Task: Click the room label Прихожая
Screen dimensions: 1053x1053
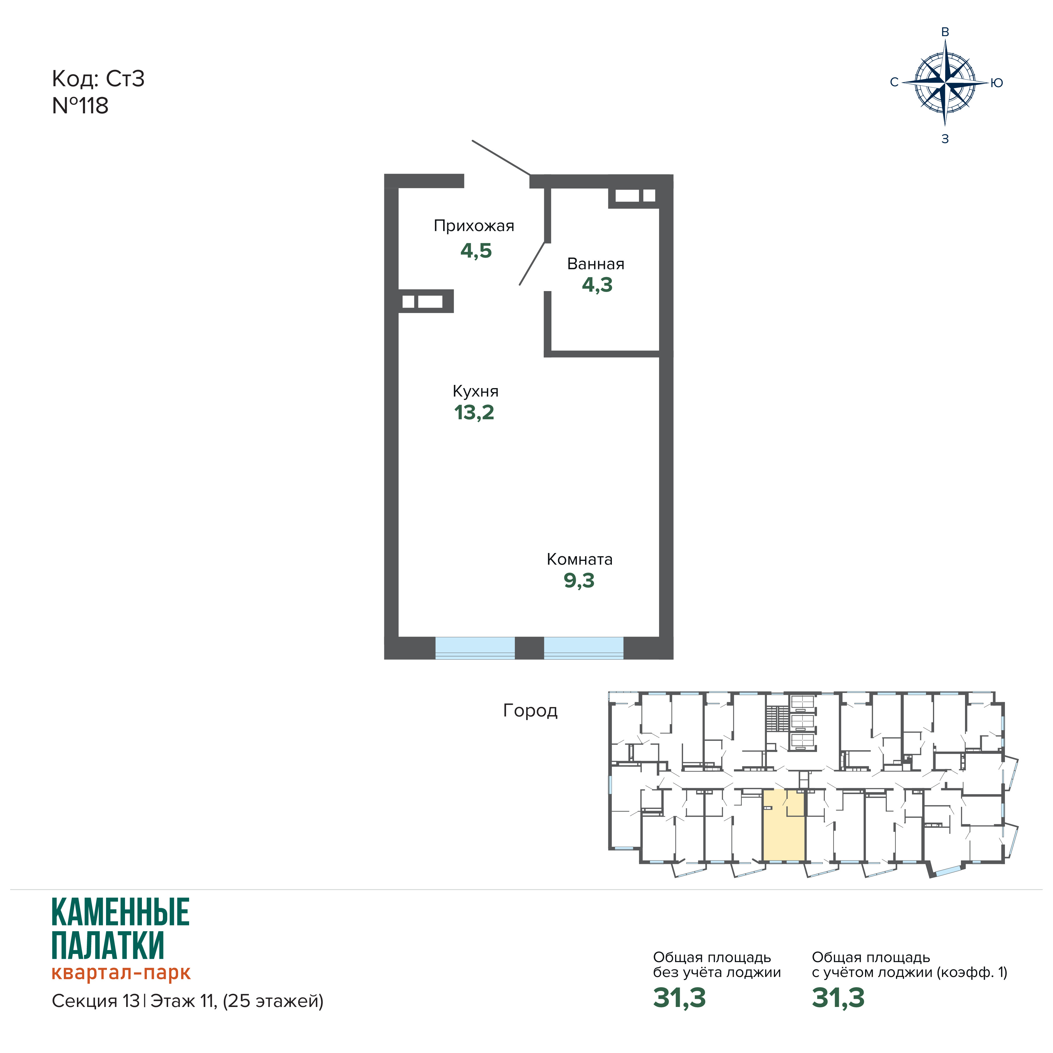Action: click(474, 226)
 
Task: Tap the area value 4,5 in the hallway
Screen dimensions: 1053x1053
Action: click(476, 251)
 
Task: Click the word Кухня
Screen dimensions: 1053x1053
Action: click(475, 391)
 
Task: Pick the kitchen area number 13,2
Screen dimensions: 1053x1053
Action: click(474, 413)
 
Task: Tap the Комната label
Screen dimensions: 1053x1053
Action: click(579, 559)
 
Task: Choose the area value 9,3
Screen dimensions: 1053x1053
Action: click(579, 580)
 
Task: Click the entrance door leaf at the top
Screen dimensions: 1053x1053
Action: click(501, 158)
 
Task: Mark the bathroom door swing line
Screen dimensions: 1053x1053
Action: click(532, 263)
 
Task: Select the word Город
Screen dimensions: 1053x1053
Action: click(530, 711)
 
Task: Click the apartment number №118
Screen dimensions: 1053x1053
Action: click(80, 106)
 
